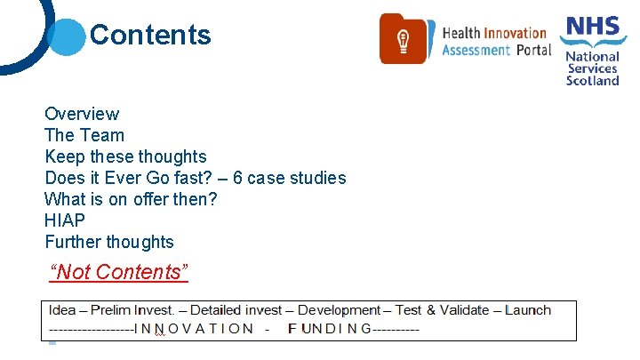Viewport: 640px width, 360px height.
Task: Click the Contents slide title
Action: (x=150, y=35)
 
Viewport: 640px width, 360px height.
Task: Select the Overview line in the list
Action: (x=82, y=114)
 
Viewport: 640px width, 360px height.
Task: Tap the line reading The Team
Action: (x=84, y=135)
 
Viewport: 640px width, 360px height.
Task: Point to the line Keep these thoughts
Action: (x=125, y=156)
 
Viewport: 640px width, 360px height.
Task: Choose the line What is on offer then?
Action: (x=131, y=199)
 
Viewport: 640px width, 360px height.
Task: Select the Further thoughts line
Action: (x=109, y=242)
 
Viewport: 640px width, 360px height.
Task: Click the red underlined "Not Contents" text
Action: (x=119, y=272)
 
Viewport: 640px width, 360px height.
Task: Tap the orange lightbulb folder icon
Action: (x=403, y=39)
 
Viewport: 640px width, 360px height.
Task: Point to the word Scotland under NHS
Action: (x=593, y=80)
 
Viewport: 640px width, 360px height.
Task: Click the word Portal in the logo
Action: (x=534, y=50)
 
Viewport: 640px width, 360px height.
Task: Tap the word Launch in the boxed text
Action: (x=528, y=310)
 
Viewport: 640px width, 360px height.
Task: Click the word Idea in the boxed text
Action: (x=62, y=310)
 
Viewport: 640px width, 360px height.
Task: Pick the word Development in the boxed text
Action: (x=338, y=310)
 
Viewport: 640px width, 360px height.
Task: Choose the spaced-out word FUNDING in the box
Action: (x=330, y=328)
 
